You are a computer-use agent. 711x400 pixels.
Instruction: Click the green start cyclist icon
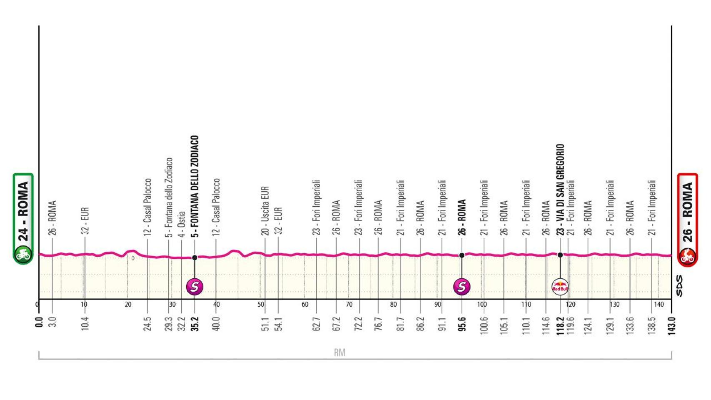(x=23, y=254)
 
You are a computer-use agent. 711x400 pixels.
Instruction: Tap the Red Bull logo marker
(x=560, y=287)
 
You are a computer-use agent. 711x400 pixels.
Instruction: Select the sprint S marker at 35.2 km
(x=195, y=287)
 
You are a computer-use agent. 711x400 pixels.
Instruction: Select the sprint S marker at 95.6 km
(x=461, y=287)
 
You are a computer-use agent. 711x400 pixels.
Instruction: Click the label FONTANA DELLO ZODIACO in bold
(x=195, y=186)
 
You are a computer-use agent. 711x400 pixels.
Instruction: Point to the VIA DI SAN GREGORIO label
(x=560, y=190)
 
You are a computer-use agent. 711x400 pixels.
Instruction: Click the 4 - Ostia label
(x=181, y=224)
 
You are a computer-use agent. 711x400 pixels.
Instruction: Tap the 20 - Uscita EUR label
(x=265, y=210)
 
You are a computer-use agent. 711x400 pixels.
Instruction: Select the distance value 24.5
(x=148, y=323)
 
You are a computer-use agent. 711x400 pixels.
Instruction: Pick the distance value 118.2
(x=560, y=323)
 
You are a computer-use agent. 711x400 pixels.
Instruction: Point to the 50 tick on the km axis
(x=261, y=305)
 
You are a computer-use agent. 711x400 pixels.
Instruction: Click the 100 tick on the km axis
(x=482, y=305)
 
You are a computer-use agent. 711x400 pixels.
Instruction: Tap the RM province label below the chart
(x=339, y=352)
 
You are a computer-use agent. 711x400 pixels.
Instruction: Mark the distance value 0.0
(x=39, y=322)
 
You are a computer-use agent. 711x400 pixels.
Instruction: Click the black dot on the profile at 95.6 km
(x=461, y=255)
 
